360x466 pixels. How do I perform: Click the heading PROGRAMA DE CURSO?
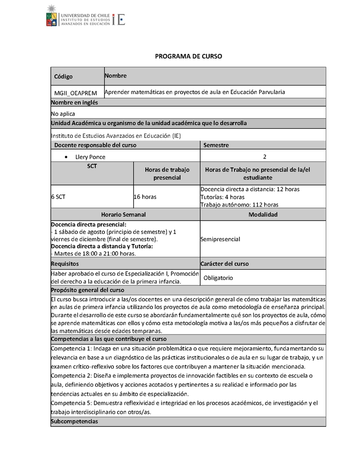click(x=189, y=56)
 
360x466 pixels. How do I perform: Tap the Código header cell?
click(x=63, y=77)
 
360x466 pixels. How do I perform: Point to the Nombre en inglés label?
click(x=74, y=103)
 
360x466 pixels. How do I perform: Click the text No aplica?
click(x=63, y=114)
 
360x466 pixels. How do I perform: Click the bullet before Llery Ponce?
click(x=67, y=157)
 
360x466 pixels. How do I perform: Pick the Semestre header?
click(x=216, y=145)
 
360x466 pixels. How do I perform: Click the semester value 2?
click(x=265, y=157)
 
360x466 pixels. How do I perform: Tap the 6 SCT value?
click(x=58, y=197)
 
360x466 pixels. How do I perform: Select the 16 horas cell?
click(x=145, y=197)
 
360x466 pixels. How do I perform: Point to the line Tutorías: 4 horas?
click(x=222, y=197)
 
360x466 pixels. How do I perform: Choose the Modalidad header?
click(x=263, y=215)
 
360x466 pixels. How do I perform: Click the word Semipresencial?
click(x=220, y=240)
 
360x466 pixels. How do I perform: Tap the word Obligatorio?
click(x=218, y=278)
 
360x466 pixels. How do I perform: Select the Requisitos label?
click(x=65, y=263)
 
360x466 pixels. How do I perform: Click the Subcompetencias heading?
click(x=74, y=422)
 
